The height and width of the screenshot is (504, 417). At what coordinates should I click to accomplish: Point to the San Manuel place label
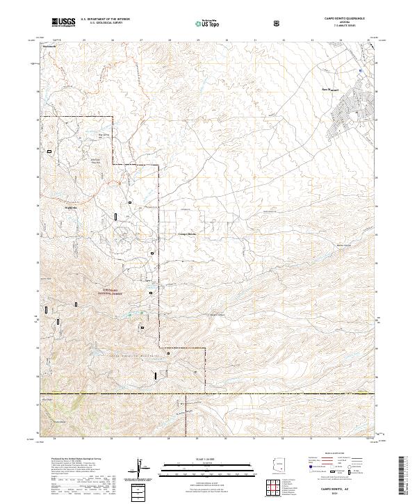[330, 90]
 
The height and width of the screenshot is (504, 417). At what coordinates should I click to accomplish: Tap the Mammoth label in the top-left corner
[48, 46]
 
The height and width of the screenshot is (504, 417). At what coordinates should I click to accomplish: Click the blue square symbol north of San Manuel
[360, 70]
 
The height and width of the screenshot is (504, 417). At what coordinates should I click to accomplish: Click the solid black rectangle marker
[156, 375]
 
